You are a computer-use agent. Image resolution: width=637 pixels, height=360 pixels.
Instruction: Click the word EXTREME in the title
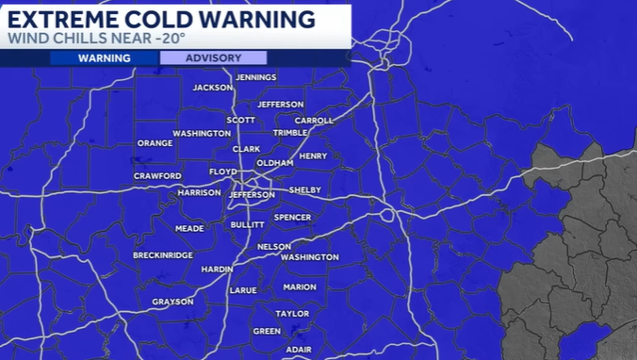[63, 19]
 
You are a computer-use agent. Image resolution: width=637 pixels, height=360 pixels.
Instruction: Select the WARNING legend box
[104, 57]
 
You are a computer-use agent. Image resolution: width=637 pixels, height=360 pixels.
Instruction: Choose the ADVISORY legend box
[213, 57]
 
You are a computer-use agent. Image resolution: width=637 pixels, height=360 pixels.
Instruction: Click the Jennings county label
[255, 77]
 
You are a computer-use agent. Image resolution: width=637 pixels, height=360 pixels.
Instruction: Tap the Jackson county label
[212, 88]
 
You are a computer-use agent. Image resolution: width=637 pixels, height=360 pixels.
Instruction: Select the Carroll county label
[315, 121]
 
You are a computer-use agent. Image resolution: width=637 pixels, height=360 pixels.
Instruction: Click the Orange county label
[155, 143]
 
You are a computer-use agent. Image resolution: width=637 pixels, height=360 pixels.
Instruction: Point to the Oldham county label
[275, 163]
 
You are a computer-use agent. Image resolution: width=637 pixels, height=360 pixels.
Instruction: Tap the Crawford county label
[157, 176]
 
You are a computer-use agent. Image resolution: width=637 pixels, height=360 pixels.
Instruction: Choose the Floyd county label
[222, 172]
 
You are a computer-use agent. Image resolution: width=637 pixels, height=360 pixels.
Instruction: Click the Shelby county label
[305, 189]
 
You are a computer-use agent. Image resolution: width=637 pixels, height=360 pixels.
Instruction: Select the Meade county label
[189, 228]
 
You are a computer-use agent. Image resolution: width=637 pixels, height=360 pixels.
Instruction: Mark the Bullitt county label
[247, 225]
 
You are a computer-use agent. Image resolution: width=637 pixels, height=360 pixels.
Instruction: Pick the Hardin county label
[217, 269]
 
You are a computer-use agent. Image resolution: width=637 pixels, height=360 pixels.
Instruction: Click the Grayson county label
[172, 302]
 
